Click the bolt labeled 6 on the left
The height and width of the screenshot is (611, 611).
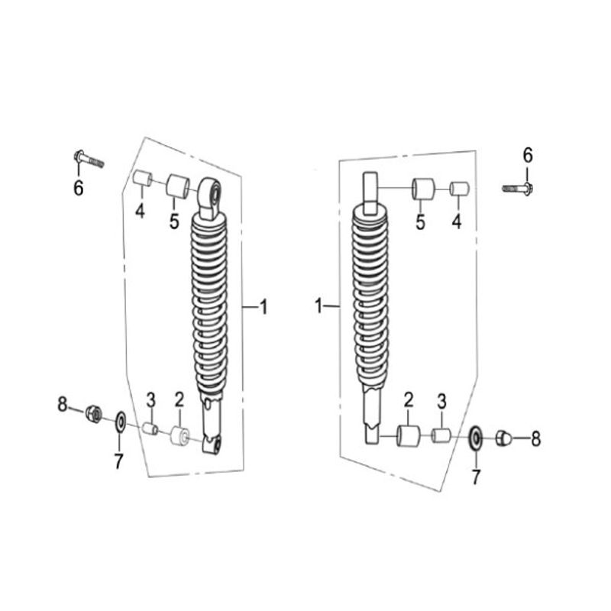tap(89, 160)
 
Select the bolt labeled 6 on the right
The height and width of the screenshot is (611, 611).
tap(519, 189)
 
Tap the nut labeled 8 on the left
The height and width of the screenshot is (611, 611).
tap(94, 413)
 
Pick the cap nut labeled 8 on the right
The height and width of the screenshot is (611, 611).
tap(503, 438)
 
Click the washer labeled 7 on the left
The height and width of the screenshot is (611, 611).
tap(121, 422)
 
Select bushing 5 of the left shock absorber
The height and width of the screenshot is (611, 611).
tap(178, 186)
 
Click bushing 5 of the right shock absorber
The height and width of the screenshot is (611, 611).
tap(423, 189)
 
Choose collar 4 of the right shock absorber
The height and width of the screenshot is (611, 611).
tap(460, 189)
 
